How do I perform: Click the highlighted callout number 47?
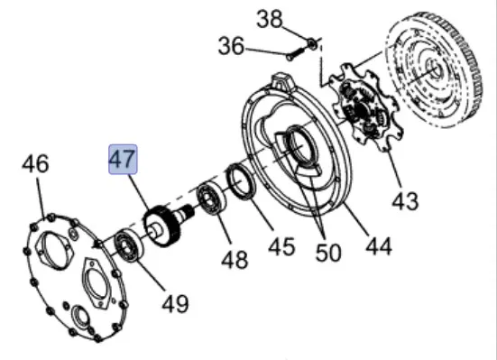[123, 159]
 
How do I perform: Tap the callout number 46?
[35, 163]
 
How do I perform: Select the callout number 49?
[175, 303]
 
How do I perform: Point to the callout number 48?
[235, 260]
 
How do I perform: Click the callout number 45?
[281, 245]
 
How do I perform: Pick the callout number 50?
[328, 253]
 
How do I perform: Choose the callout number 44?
[379, 246]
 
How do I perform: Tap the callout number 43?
[405, 201]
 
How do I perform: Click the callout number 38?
[269, 19]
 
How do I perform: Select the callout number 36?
[232, 46]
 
